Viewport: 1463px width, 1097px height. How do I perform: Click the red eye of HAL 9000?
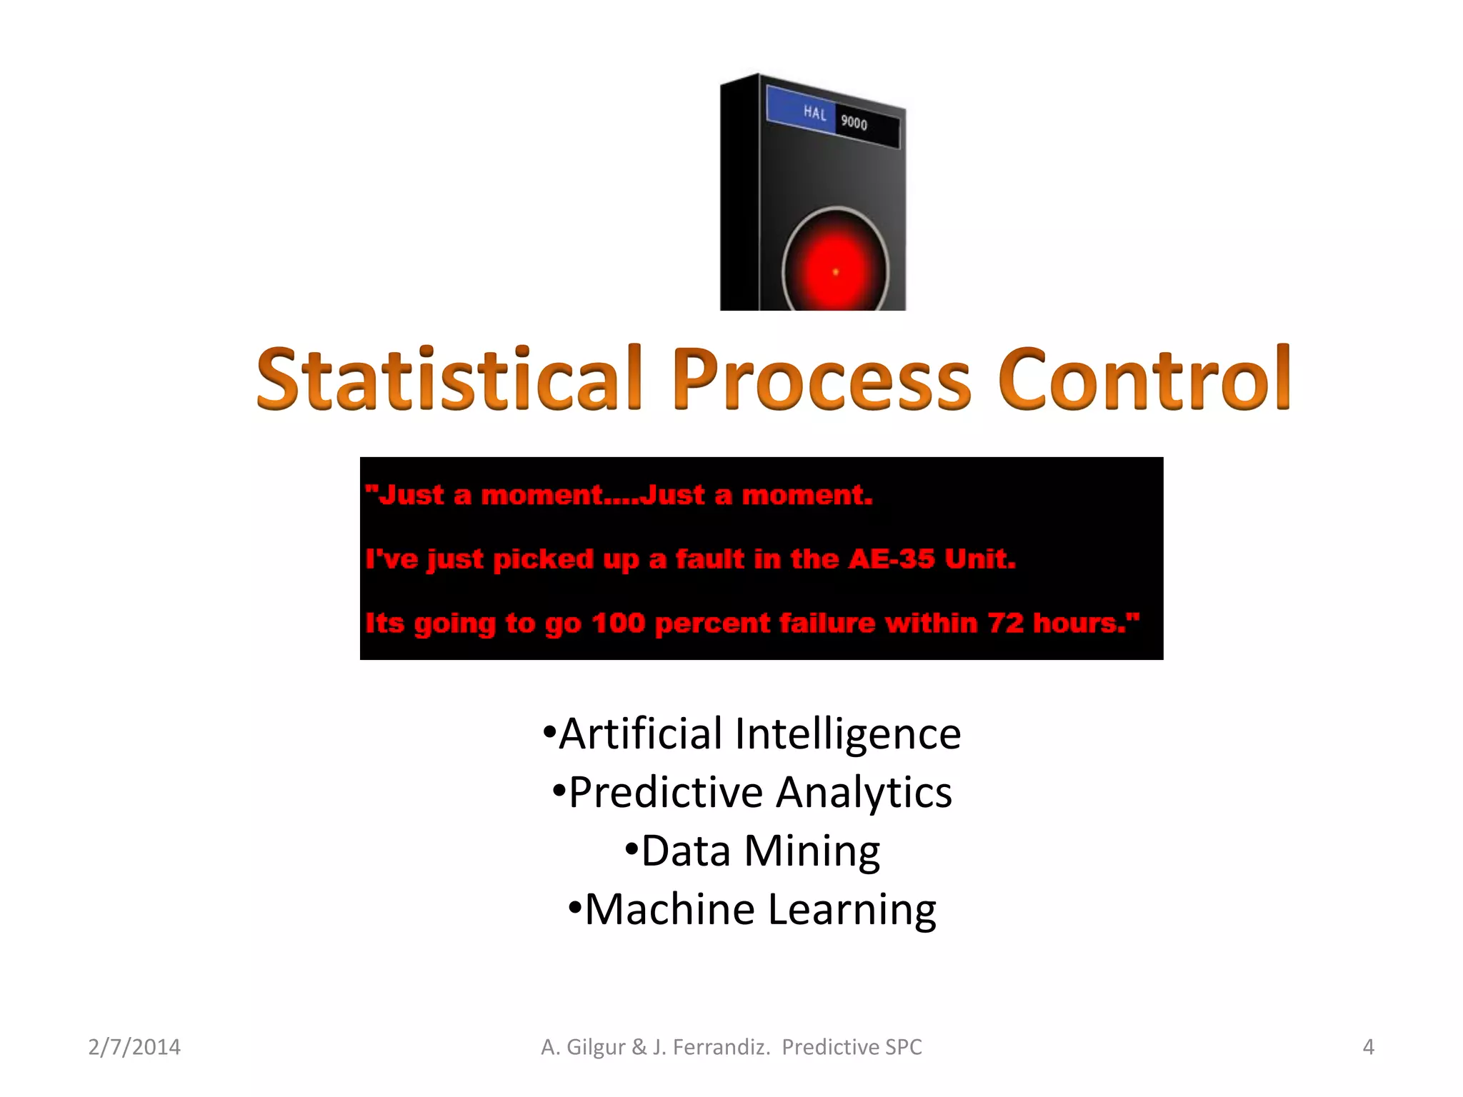835,271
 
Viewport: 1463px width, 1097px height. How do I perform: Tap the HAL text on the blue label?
814,113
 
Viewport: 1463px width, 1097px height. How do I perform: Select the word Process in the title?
820,381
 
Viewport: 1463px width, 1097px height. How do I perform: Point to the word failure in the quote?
827,623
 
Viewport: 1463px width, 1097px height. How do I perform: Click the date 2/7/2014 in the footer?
134,1047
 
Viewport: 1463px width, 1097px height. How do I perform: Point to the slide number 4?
1368,1047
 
